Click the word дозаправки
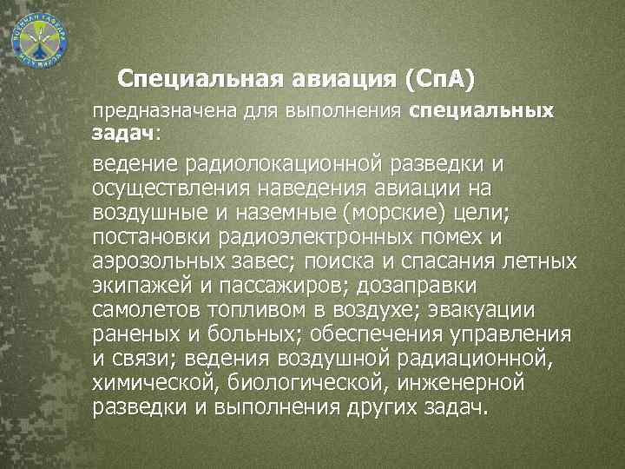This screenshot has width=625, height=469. [x=428, y=287]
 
